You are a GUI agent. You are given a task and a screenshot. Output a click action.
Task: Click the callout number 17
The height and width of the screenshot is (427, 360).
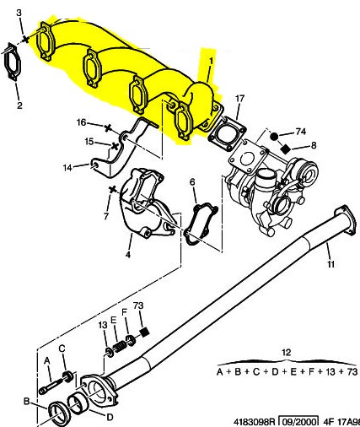(239, 99)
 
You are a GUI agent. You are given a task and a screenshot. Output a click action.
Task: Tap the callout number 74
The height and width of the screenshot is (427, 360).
(300, 132)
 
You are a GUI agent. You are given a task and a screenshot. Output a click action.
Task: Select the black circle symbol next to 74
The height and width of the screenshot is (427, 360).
(274, 137)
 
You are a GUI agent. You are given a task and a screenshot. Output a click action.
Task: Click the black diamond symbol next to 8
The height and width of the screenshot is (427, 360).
(286, 149)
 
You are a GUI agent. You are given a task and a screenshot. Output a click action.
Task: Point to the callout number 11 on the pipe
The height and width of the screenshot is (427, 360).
(330, 264)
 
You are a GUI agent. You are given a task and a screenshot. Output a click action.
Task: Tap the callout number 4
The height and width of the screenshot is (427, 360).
(128, 255)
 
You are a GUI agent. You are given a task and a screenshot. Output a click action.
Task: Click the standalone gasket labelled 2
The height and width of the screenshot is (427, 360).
(11, 62)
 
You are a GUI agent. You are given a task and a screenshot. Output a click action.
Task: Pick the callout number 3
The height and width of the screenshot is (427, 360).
(19, 13)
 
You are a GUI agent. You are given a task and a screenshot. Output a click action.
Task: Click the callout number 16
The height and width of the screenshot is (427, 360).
(81, 122)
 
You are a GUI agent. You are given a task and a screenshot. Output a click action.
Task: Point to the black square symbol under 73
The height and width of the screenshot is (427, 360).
(145, 332)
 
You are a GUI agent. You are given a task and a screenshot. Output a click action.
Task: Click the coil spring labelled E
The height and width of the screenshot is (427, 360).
(120, 347)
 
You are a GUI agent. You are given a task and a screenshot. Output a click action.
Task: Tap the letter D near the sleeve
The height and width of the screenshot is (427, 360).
(110, 417)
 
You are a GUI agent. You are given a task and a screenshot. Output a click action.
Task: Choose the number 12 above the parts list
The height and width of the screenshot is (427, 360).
(287, 352)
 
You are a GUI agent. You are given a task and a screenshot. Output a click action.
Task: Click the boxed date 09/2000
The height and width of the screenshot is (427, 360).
(299, 422)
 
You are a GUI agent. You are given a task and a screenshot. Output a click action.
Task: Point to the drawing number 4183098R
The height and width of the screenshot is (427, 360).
(255, 422)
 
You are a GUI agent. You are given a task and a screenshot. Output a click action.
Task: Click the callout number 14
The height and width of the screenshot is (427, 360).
(67, 168)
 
